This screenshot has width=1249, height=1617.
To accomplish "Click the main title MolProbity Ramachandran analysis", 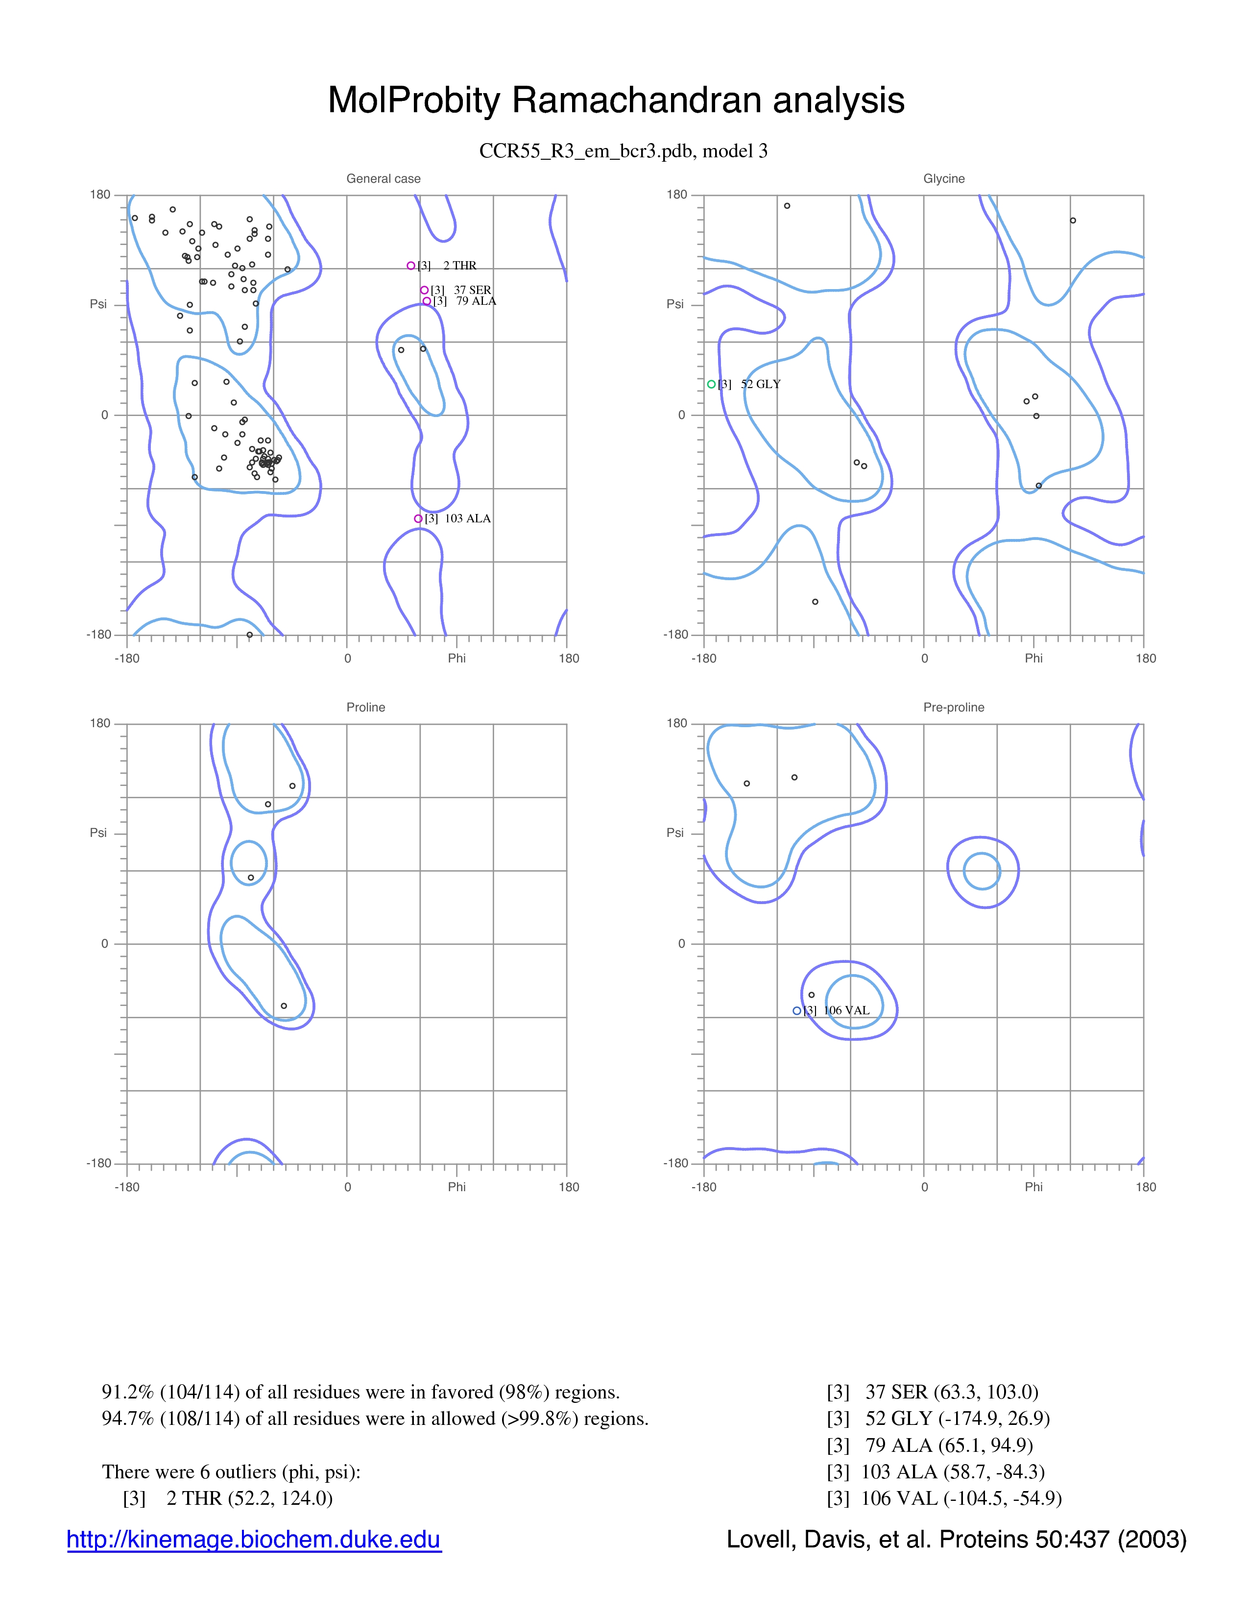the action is pyautogui.click(x=616, y=100).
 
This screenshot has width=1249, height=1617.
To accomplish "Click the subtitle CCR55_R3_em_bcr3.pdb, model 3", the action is pyautogui.click(x=623, y=151).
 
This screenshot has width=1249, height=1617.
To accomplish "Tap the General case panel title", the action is pyautogui.click(x=384, y=178).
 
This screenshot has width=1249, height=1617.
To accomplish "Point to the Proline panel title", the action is pyautogui.click(x=365, y=707).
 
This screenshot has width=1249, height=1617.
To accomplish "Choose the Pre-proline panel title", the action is pyautogui.click(x=954, y=707).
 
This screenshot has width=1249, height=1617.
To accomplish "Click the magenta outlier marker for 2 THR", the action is pyautogui.click(x=410, y=266).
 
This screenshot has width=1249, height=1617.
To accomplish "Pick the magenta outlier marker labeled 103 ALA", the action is pyautogui.click(x=418, y=519).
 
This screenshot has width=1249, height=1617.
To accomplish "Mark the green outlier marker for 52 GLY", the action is pyautogui.click(x=711, y=384).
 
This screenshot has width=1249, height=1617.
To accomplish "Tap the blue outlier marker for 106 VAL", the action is pyautogui.click(x=797, y=1010).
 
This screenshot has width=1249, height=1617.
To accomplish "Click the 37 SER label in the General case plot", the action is pyautogui.click(x=472, y=290).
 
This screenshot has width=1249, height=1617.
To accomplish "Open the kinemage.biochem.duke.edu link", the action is pyautogui.click(x=254, y=1540).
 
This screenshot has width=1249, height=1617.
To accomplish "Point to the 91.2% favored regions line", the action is pyautogui.click(x=360, y=1393).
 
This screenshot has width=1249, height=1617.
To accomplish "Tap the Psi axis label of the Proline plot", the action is pyautogui.click(x=98, y=833).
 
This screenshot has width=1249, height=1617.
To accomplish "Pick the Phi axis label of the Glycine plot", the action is pyautogui.click(x=1033, y=658).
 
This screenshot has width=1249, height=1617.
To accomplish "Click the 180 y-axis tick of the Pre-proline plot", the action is pyautogui.click(x=677, y=723).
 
